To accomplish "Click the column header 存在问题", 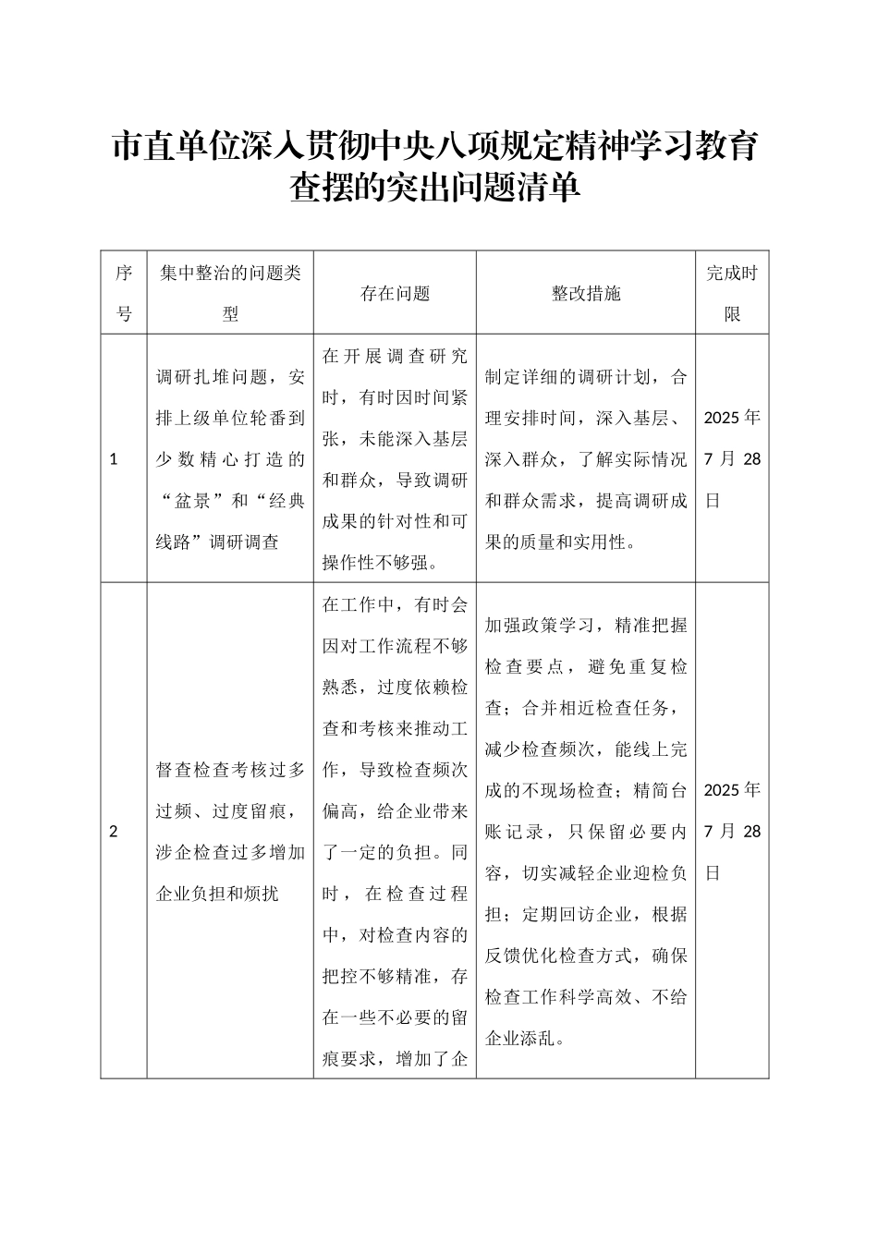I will click(395, 294).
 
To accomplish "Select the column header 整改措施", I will click(586, 294).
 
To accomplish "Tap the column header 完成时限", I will click(732, 293).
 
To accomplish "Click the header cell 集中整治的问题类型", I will click(230, 293).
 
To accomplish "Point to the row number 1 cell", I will click(114, 458).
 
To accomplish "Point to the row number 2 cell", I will click(114, 831).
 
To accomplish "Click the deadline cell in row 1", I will click(732, 458).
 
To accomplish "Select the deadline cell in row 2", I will click(732, 831).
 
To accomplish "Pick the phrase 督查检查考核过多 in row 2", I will click(230, 769).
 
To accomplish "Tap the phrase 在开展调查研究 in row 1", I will click(395, 356).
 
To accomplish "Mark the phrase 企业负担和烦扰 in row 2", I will click(217, 894).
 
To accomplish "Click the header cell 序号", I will click(124, 293).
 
